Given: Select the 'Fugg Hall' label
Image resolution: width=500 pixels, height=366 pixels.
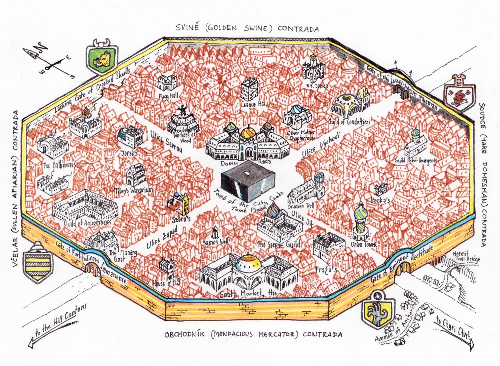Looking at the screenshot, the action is click(x=168, y=95).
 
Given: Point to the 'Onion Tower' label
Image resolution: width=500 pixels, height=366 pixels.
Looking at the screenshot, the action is click(x=364, y=244).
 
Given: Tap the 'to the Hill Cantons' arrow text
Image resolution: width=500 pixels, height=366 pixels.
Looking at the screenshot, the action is click(x=60, y=320).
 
